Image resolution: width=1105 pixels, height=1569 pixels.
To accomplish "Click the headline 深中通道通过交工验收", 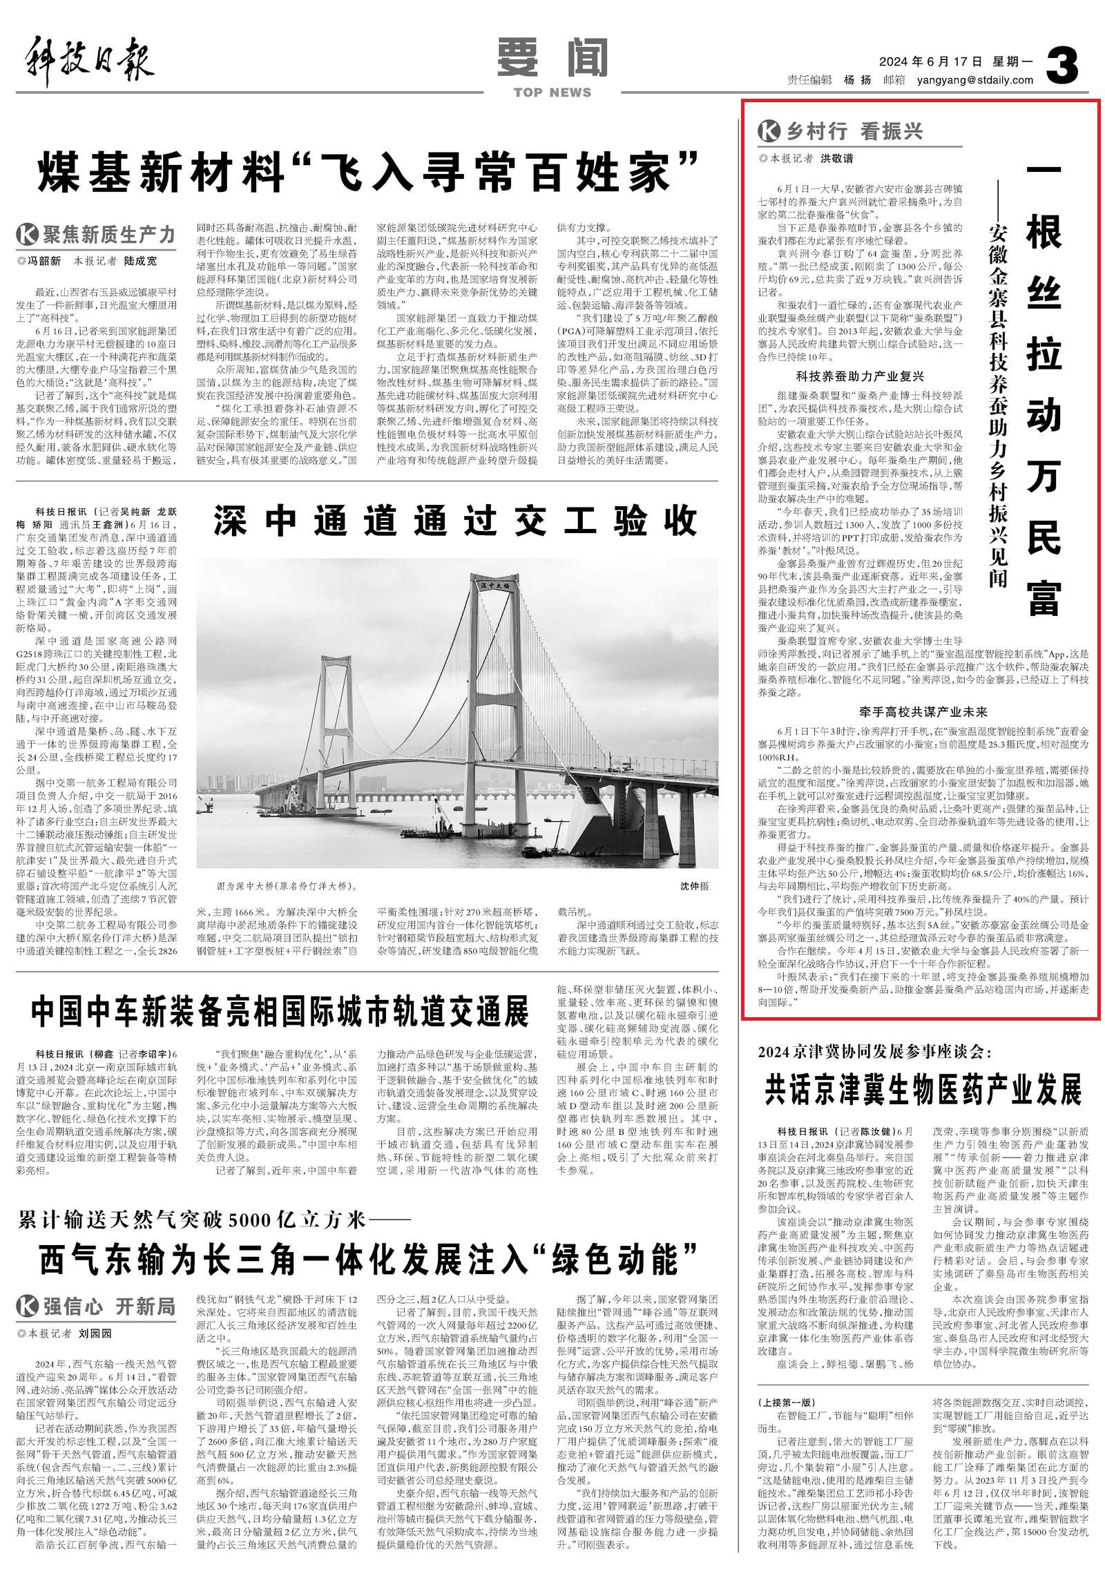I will point(456,521).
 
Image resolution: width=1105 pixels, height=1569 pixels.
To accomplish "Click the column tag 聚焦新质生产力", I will point(97,235).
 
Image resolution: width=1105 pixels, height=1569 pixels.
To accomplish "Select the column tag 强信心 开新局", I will point(97,1307).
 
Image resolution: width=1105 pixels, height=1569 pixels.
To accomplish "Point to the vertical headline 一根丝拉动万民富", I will point(1043,387).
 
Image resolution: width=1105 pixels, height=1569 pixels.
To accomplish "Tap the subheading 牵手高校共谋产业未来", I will point(923,711).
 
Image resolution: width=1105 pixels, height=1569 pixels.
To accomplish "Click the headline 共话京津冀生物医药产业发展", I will point(923,1090).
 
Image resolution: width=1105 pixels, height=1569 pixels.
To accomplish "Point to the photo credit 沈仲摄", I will point(694,886).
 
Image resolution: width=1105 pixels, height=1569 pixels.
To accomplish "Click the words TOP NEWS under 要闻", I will point(552,93).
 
